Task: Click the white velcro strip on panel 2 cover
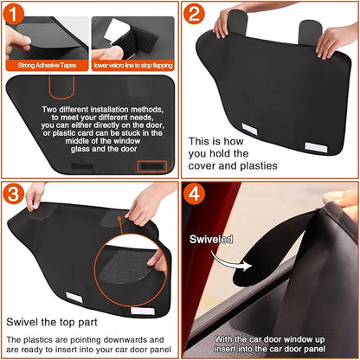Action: click(x=256, y=129)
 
